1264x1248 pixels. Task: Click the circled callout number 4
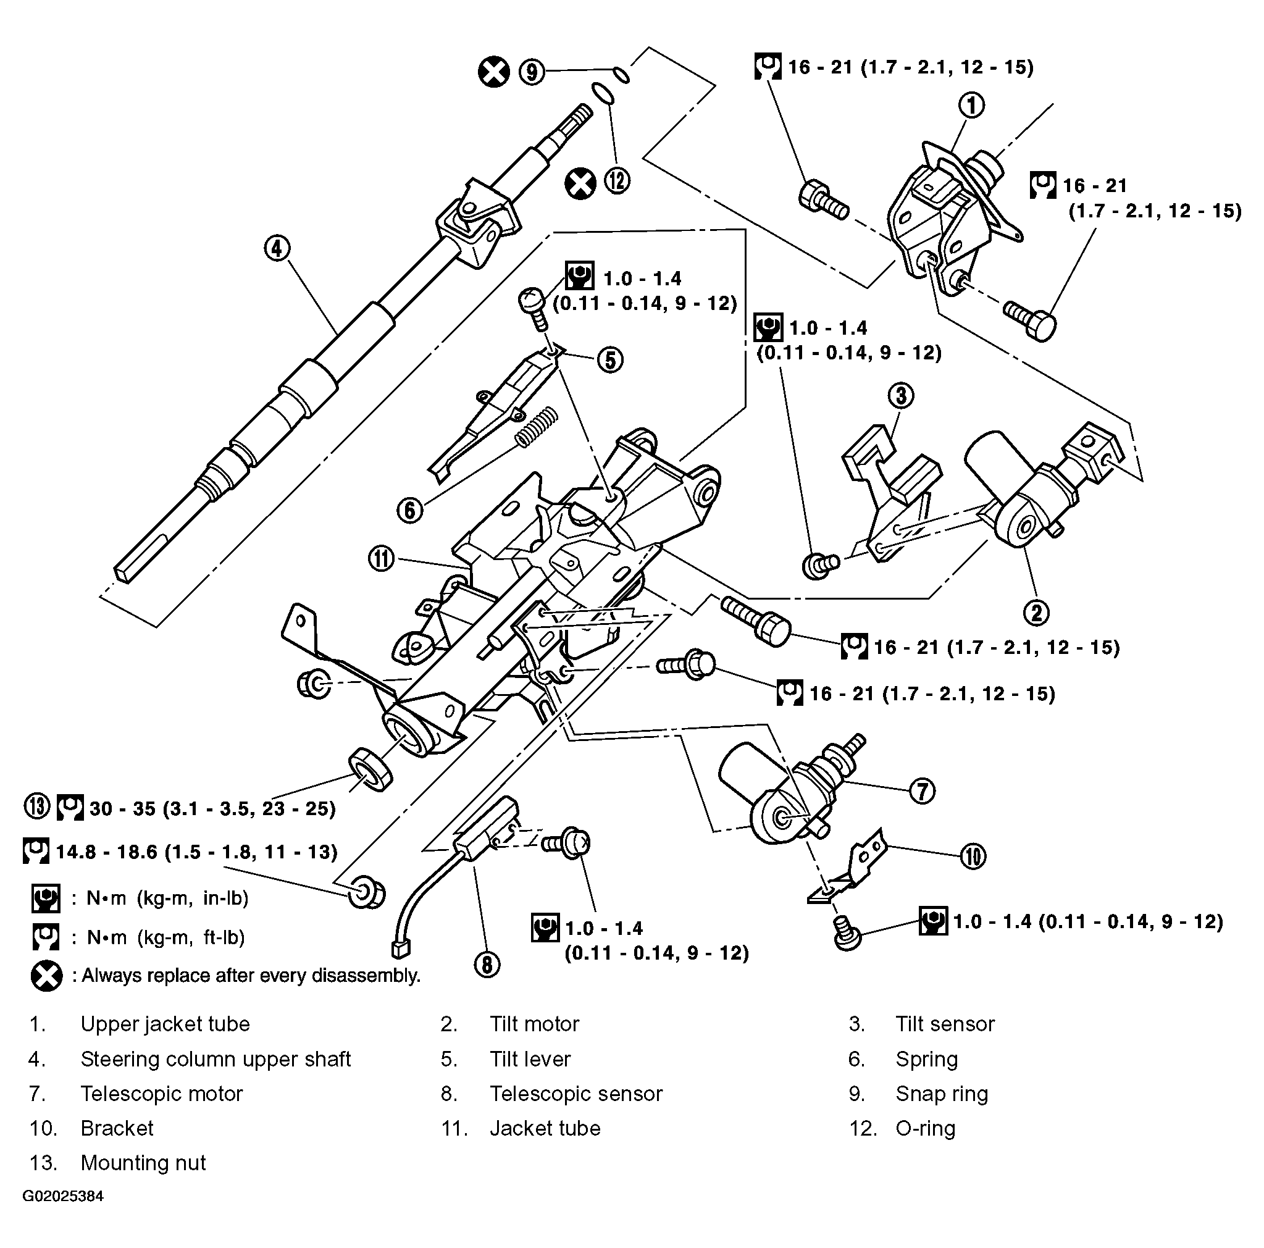[x=277, y=249]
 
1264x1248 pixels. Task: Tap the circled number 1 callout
[x=971, y=105]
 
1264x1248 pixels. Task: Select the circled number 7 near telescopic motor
[x=923, y=792]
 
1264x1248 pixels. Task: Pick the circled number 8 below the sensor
[x=487, y=964]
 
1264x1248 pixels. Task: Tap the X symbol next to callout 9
[x=493, y=72]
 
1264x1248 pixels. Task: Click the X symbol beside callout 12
[x=580, y=183]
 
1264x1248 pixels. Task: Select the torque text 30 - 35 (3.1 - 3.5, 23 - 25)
[x=212, y=809]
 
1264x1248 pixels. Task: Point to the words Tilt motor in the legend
[x=534, y=1024]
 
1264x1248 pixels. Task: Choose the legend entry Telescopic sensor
[x=575, y=1094]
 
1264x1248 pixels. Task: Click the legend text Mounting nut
[x=143, y=1163]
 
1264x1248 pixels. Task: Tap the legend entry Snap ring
[x=941, y=1094]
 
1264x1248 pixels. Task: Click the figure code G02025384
[x=63, y=1196]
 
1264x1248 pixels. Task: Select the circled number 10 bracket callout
[x=972, y=856]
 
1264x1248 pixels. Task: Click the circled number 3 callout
[x=901, y=395]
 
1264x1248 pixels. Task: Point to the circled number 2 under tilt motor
[x=1036, y=613]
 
